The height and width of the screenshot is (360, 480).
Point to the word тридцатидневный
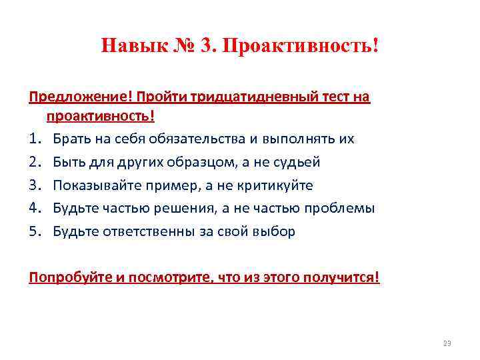(x=254, y=97)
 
